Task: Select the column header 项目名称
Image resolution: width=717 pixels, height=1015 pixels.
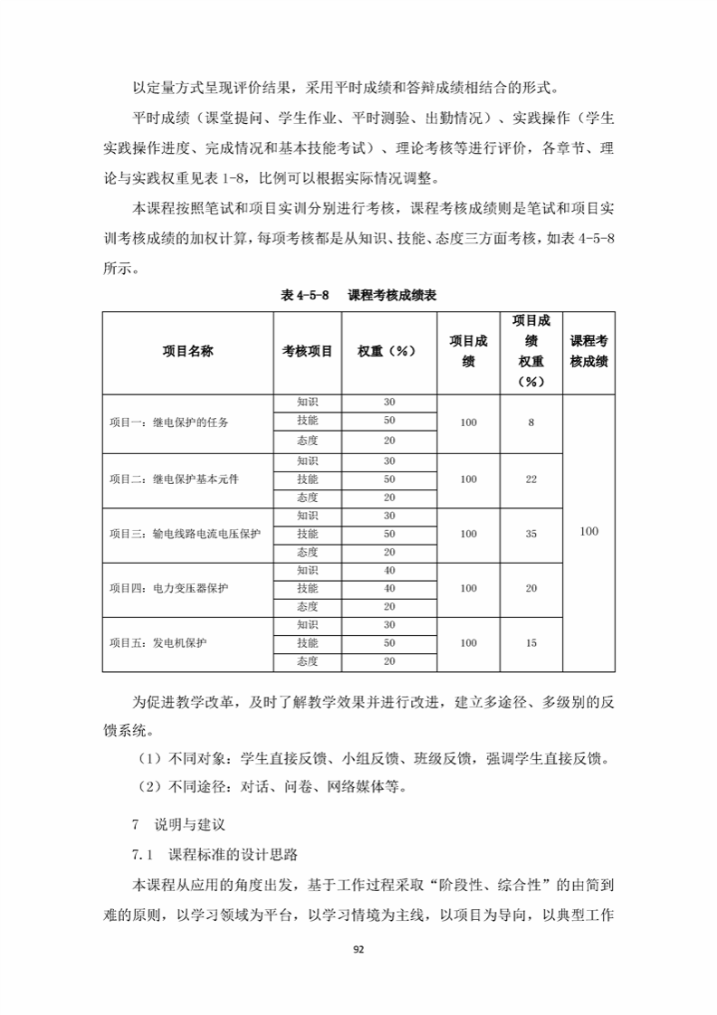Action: click(187, 352)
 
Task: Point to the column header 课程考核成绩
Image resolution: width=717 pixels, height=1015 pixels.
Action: click(588, 352)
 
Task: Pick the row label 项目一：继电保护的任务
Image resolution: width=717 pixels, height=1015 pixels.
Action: click(168, 422)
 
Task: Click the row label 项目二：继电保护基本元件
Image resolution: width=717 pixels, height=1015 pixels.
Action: click(175, 479)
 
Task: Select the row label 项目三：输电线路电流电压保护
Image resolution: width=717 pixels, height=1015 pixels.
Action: click(185, 534)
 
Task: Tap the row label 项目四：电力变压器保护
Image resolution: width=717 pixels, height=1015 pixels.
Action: click(168, 588)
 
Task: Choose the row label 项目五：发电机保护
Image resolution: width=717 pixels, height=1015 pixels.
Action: click(158, 643)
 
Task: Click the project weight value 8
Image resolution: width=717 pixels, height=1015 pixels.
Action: click(531, 422)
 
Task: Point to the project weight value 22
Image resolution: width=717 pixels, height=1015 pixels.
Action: click(531, 479)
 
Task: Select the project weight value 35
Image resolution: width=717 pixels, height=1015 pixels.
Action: click(531, 534)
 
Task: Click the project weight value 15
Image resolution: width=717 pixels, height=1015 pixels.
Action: click(531, 643)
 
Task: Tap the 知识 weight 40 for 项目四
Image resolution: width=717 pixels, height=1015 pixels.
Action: click(389, 570)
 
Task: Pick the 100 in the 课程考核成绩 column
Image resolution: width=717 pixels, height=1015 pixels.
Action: click(588, 532)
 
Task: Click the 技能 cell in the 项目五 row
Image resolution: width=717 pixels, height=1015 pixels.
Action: click(308, 643)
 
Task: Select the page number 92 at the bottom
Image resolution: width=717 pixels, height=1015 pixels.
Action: click(358, 949)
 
